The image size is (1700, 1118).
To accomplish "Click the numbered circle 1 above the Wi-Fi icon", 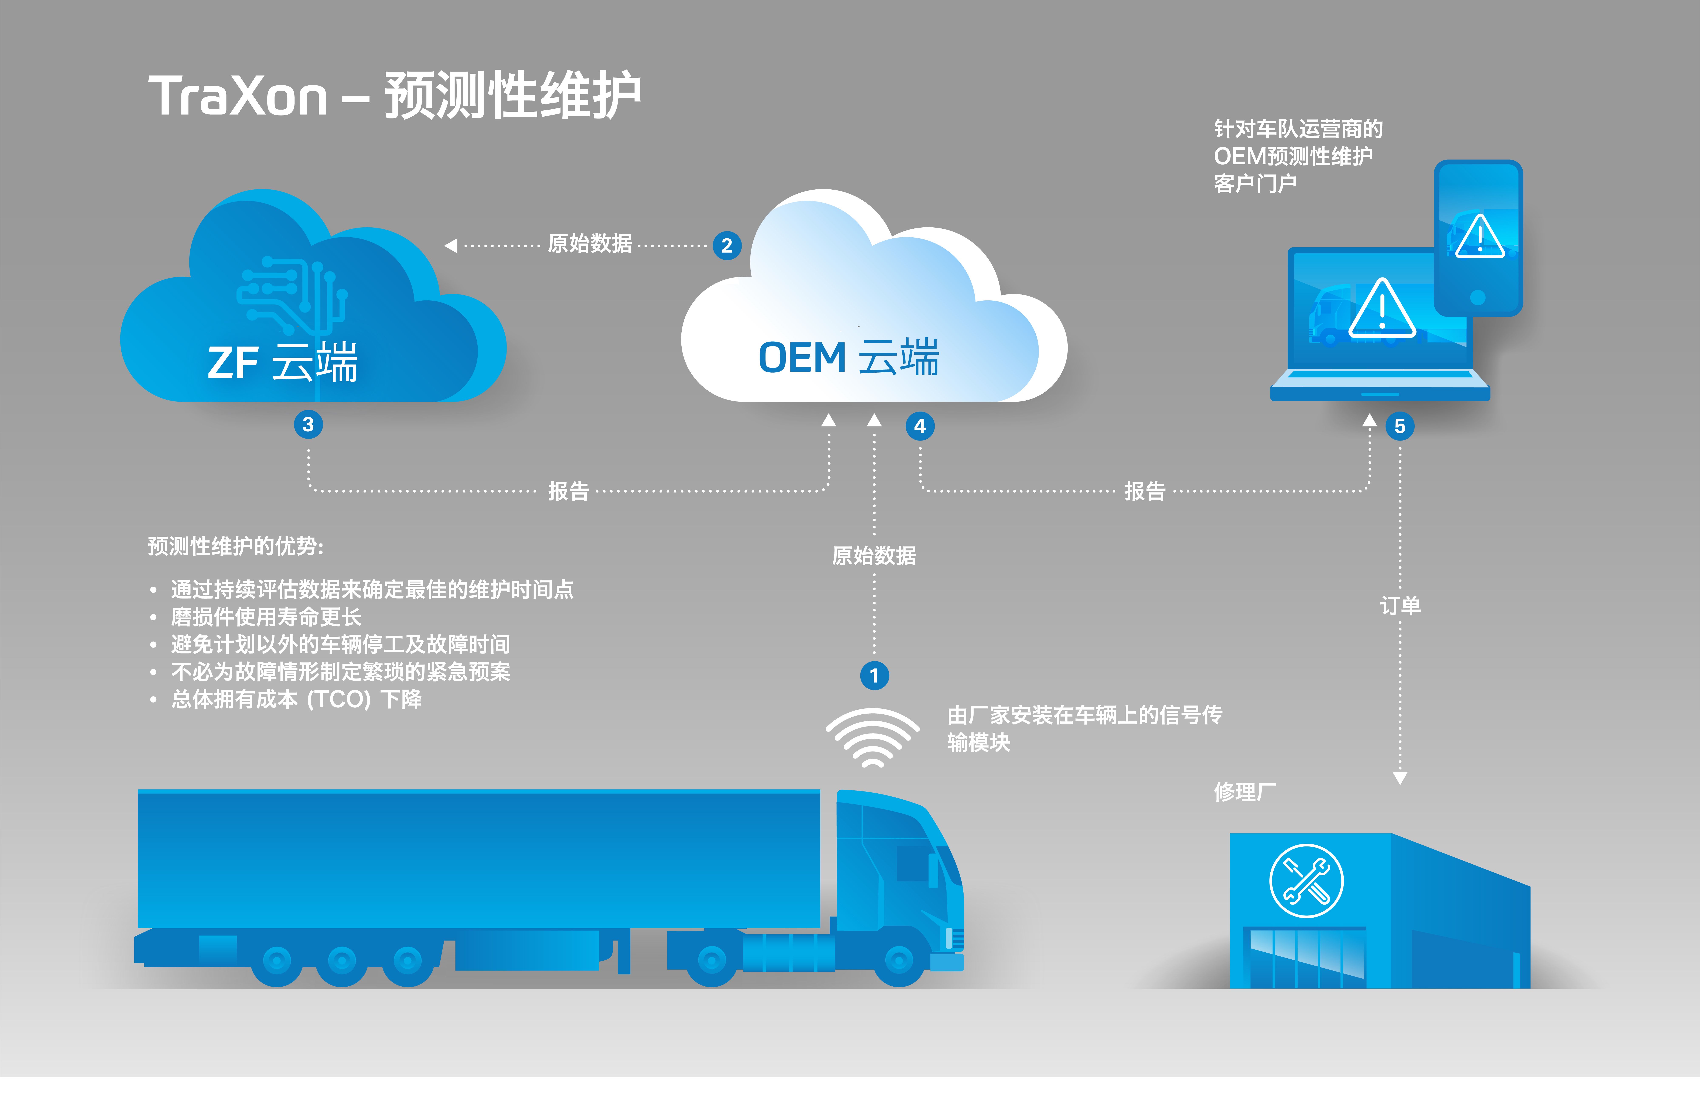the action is tap(874, 675).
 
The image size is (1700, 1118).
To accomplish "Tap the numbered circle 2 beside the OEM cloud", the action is tap(727, 246).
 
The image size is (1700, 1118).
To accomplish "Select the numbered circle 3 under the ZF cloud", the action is tap(309, 425).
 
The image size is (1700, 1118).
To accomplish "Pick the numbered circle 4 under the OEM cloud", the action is tap(920, 426).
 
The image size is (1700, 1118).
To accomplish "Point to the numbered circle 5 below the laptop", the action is tap(1400, 426).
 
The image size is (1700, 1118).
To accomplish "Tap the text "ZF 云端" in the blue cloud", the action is tap(282, 363).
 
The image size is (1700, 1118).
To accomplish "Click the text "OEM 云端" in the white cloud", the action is tap(849, 357).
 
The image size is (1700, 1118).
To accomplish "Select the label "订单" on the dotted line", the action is tap(1400, 605).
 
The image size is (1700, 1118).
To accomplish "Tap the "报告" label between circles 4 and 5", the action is tap(1145, 490).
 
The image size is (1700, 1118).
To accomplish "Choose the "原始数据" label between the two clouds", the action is tap(590, 244).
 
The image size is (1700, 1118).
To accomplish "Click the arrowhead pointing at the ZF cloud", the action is tap(451, 246).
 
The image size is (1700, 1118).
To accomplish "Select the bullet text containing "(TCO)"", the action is tap(296, 699).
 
